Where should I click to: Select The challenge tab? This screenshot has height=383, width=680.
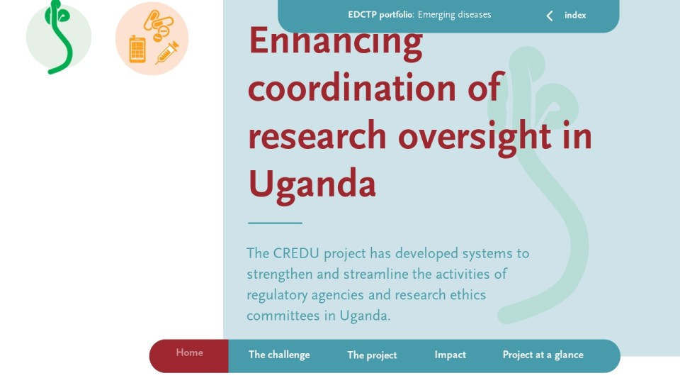pos(279,355)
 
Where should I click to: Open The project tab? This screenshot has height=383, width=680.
pos(372,355)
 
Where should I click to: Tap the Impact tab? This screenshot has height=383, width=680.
pos(450,355)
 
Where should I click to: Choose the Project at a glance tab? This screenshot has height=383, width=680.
pos(543,355)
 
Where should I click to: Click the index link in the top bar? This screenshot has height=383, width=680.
pos(575,15)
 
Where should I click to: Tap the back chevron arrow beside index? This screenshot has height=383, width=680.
pos(550,16)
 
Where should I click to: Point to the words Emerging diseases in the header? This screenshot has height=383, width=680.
pos(455,15)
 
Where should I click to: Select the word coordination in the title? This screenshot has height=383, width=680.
pos(352,88)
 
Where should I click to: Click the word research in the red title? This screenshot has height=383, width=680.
pos(317,136)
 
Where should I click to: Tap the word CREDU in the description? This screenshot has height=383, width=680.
pos(296,253)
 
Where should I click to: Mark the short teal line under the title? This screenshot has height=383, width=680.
pos(275,223)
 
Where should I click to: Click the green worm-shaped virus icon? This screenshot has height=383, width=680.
pos(59,37)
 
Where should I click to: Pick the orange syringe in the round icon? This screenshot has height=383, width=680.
pos(167,52)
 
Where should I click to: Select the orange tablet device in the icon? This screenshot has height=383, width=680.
pos(137,50)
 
